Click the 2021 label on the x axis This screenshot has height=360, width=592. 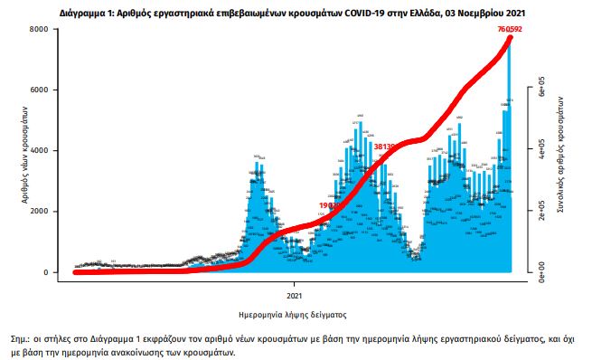295,295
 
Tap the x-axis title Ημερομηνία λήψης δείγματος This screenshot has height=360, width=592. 295,314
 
